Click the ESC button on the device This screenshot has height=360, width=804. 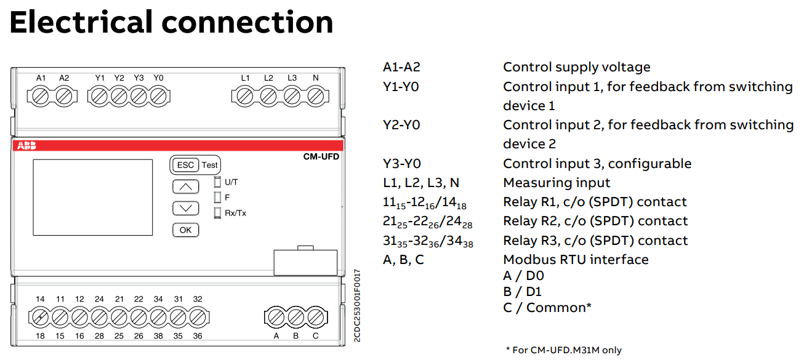[x=185, y=165]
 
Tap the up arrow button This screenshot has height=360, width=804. [x=185, y=186]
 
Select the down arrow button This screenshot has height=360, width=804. [x=185, y=208]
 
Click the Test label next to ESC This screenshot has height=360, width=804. [x=209, y=165]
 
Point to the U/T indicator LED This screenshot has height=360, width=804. [x=217, y=182]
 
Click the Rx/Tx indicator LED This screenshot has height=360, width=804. [x=217, y=213]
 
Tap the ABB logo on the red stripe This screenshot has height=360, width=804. [x=26, y=145]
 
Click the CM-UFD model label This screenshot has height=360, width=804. [x=321, y=156]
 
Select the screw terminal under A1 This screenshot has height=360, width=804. [x=40, y=97]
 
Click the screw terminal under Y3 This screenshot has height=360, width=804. [x=139, y=97]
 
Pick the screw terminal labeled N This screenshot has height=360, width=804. [x=316, y=97]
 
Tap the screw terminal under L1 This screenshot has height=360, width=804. [x=245, y=97]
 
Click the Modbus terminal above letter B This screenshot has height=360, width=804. [x=295, y=318]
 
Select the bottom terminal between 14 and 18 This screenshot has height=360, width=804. [x=40, y=318]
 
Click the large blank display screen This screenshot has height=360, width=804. [x=92, y=198]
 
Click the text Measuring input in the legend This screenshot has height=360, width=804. [x=557, y=183]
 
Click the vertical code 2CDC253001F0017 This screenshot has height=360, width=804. [x=357, y=305]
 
